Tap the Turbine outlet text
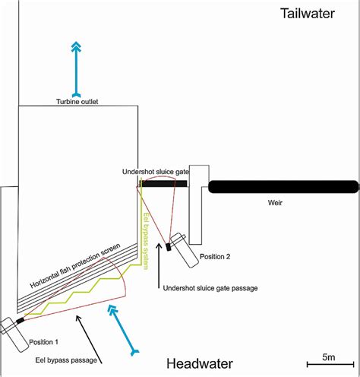[x=78, y=101]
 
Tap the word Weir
[x=278, y=203]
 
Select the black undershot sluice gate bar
[x=163, y=183]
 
